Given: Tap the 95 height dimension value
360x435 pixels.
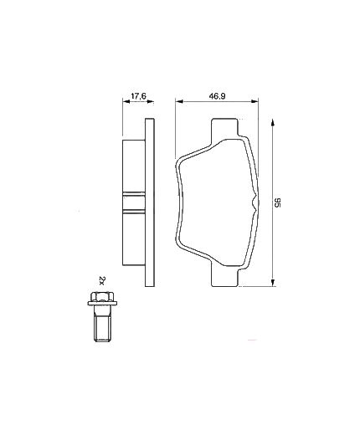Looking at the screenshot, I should (276, 202).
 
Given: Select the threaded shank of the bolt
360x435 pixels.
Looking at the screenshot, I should (100, 327).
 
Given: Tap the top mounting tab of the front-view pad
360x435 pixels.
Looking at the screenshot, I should (227, 128).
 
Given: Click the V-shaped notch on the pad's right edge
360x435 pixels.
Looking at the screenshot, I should (251, 202).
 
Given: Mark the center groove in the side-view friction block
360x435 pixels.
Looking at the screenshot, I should (133, 201).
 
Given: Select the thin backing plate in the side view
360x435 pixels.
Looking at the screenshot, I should (149, 201).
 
